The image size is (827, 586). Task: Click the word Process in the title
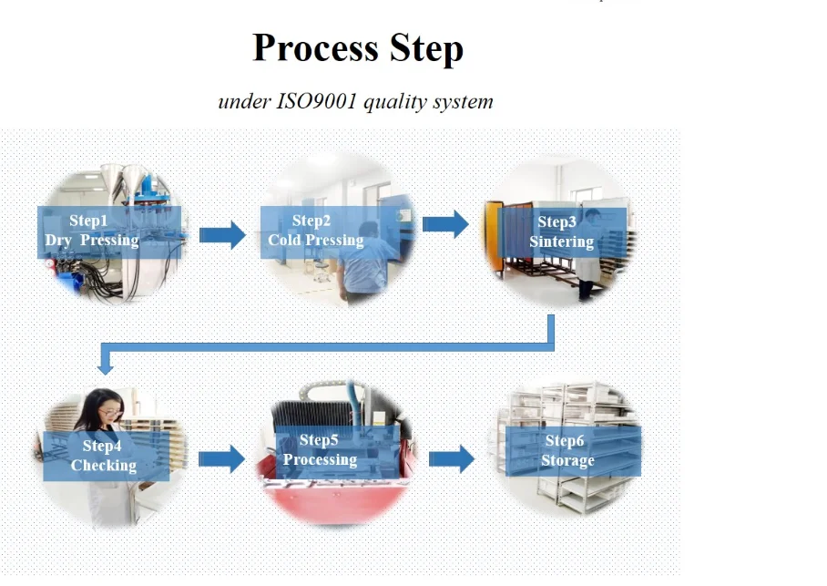[x=315, y=48]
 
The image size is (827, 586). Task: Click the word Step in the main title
[x=426, y=49]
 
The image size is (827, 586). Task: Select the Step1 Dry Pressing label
[x=109, y=231]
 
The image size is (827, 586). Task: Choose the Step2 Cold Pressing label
[x=331, y=231]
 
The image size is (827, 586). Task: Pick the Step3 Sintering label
[x=562, y=232]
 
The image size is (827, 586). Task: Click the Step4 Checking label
[x=106, y=456]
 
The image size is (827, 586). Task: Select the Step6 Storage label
[x=573, y=451]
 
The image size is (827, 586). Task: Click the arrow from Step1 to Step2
[x=222, y=235]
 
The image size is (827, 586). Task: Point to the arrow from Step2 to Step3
[x=445, y=224]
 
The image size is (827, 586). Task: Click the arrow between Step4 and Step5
[x=221, y=458]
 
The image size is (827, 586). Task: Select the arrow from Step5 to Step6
[x=452, y=458]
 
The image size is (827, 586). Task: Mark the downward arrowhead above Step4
[x=105, y=367]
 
